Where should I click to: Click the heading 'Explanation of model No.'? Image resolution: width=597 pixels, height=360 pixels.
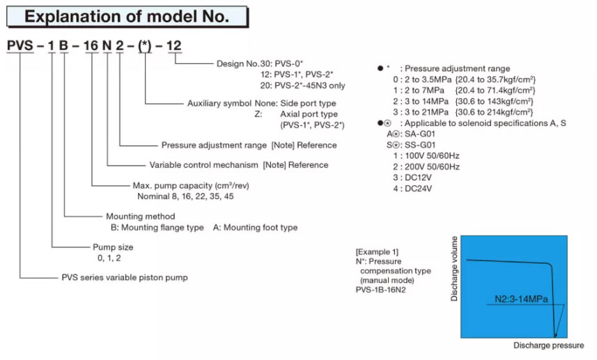coord(127,16)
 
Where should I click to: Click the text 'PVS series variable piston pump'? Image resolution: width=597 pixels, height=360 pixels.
coord(125,277)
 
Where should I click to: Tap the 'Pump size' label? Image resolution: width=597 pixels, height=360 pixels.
coord(113,247)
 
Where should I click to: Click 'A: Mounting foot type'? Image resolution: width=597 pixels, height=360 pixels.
coord(255,228)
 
